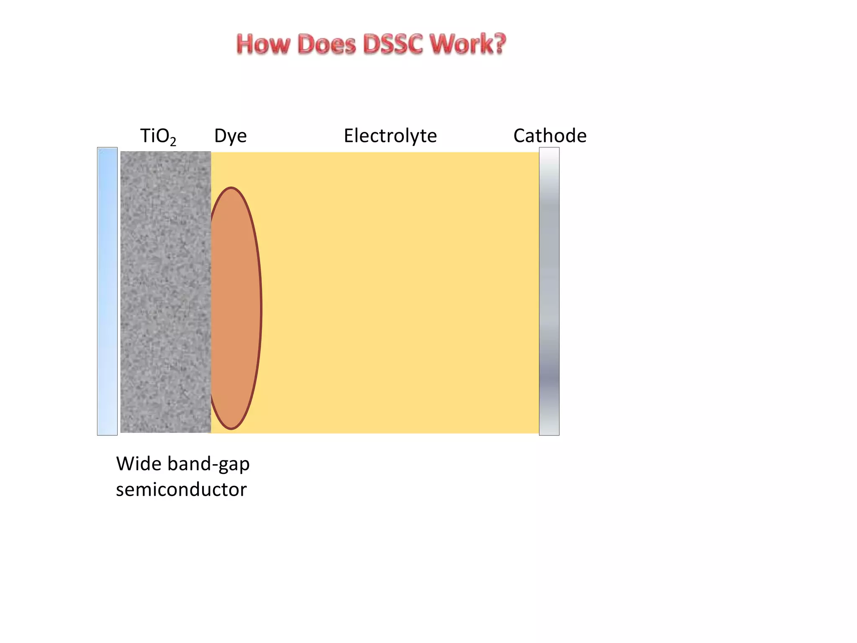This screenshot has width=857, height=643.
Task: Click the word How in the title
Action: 263,44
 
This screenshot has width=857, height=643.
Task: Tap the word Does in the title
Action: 326,44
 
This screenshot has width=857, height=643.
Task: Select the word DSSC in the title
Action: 393,44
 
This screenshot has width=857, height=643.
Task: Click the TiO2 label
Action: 158,136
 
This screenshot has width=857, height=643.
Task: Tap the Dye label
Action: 230,136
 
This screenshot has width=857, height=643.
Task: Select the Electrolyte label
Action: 390,136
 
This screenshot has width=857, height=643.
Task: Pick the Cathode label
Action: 549,136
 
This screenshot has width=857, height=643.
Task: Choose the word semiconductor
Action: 181,489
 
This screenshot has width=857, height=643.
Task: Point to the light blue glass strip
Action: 107,291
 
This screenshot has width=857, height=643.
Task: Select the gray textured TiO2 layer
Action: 165,291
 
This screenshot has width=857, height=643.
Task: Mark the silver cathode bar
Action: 549,291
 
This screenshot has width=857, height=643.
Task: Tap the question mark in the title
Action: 499,44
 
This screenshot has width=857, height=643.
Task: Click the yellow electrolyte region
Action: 398,293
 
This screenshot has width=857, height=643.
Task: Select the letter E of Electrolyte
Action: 349,136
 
